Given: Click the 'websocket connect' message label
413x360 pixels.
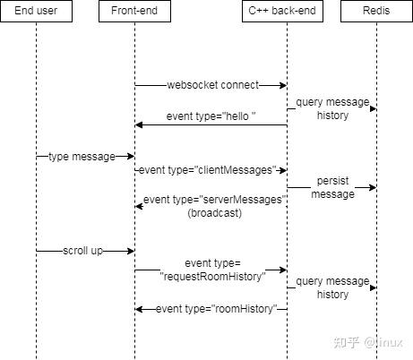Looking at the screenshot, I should point(211,85).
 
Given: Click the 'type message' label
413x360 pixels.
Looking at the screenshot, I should point(82,157).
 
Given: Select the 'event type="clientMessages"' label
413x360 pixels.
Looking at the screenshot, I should point(211,170).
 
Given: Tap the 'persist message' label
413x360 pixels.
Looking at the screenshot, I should point(332,187).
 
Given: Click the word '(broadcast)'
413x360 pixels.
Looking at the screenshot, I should point(214,213).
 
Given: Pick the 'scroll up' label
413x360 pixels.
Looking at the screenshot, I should point(82,252).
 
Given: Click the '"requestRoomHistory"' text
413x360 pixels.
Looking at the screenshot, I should point(213,277).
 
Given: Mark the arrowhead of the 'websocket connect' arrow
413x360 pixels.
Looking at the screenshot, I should point(282,85).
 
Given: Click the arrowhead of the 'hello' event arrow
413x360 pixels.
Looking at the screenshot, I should point(139,124).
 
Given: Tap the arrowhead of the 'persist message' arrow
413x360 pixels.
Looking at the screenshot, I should point(372,188).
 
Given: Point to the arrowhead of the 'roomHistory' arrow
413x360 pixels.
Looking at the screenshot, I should point(139,309).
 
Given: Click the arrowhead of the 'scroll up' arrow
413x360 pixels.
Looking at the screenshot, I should point(130,252).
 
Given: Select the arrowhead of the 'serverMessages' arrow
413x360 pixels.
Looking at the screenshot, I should point(139,206).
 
